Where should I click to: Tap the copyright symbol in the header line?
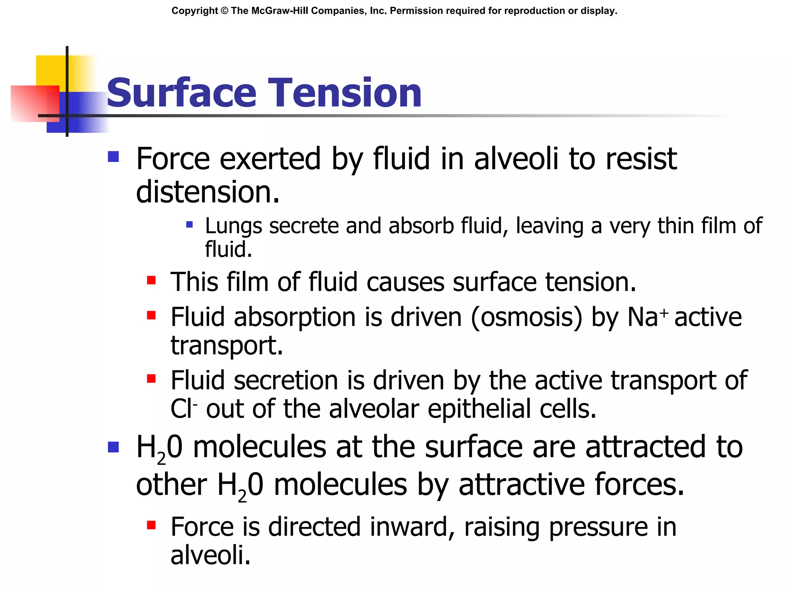click(x=224, y=11)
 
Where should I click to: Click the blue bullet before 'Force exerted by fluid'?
click(x=113, y=156)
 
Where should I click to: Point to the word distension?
click(x=207, y=192)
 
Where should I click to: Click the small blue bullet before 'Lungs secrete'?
click(x=189, y=224)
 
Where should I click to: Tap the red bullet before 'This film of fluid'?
click(x=151, y=280)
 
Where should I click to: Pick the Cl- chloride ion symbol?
click(x=184, y=409)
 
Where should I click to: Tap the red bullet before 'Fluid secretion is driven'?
click(x=151, y=378)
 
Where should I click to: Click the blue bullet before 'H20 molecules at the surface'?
click(x=113, y=447)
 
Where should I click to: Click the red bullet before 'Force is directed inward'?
click(x=151, y=525)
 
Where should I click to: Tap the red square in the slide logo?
click(x=35, y=103)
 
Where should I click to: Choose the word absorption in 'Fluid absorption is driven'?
click(x=295, y=317)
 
